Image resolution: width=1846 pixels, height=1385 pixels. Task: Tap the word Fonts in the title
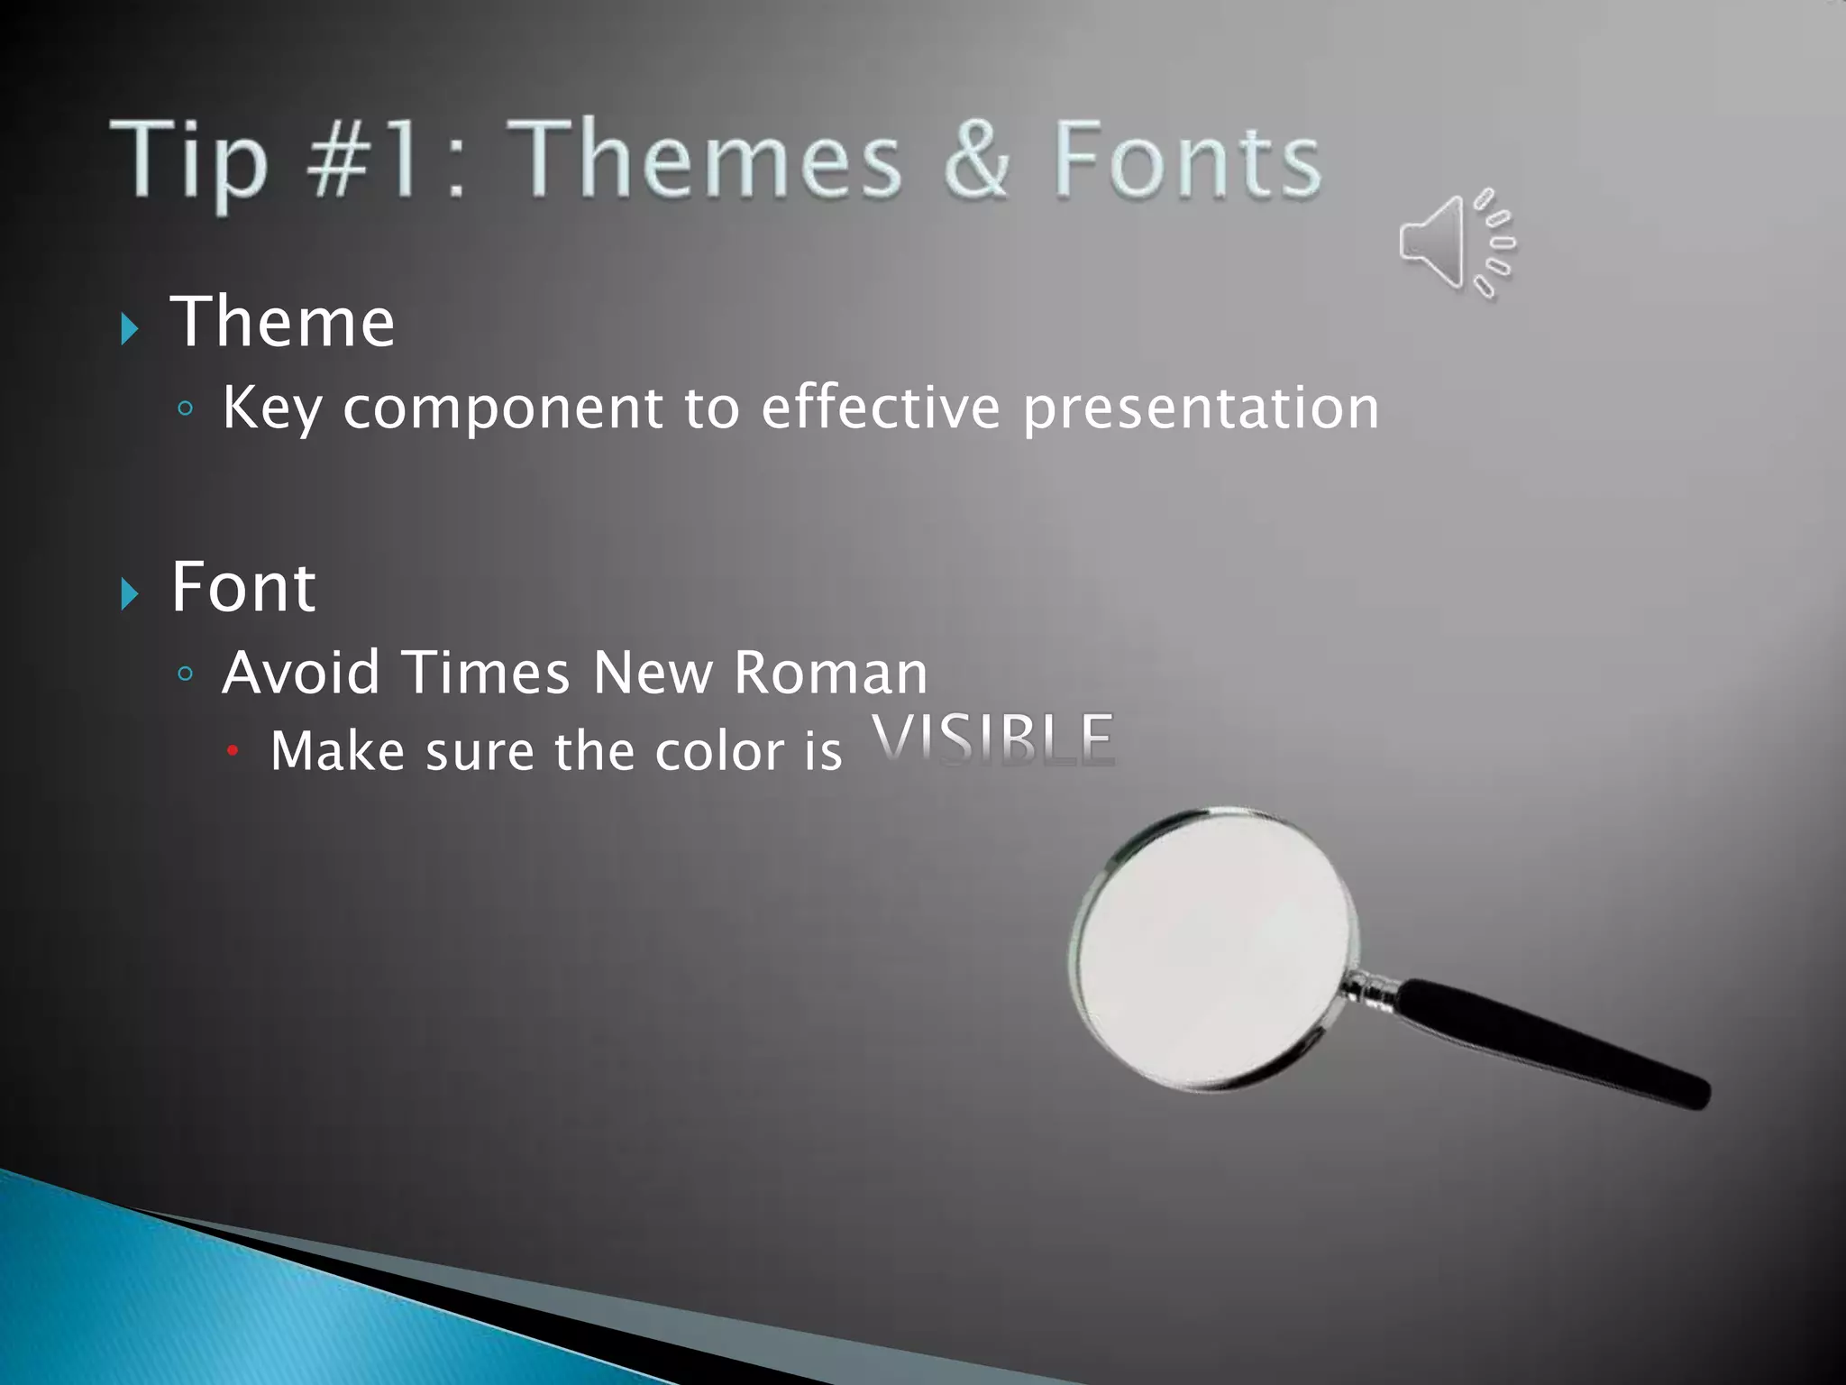coord(1186,161)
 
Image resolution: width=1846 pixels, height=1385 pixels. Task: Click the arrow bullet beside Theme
coord(130,328)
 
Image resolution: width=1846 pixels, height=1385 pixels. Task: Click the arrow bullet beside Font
coord(130,593)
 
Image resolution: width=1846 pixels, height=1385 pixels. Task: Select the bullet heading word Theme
coord(282,322)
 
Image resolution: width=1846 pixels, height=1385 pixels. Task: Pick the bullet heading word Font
coord(243,587)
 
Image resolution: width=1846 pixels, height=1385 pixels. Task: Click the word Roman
coord(830,673)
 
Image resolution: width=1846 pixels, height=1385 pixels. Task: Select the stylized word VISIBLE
coord(992,740)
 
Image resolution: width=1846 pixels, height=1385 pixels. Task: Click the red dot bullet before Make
coord(233,750)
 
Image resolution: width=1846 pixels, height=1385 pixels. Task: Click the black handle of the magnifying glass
coord(1550,1042)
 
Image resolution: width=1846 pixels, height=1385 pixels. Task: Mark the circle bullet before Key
coord(186,409)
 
